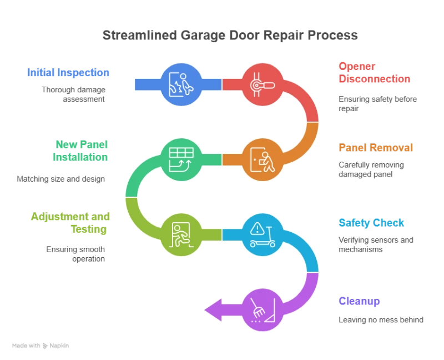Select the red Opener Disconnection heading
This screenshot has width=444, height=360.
374,73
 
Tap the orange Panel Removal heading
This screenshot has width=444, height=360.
375,148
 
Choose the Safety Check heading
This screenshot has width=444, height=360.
372,223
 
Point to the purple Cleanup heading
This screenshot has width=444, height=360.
359,302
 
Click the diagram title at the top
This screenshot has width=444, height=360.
230,35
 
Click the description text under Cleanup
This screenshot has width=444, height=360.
381,320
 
